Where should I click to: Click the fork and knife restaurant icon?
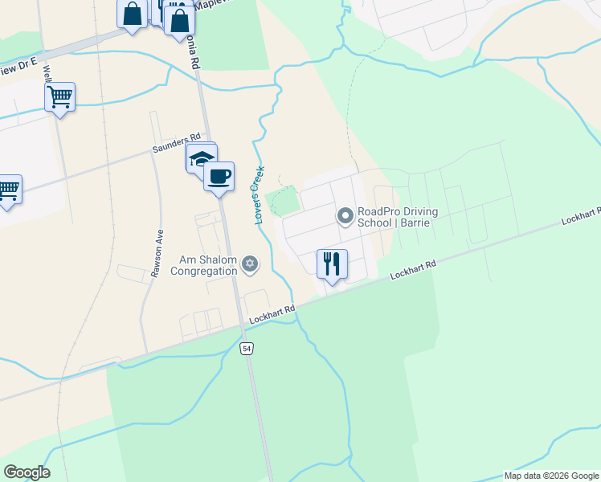click(332, 263)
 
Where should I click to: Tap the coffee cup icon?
click(219, 175)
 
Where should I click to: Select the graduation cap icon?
click(201, 158)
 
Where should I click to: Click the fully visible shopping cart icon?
click(60, 97)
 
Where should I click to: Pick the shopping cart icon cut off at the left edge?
click(7, 190)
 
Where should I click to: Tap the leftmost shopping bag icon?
click(132, 14)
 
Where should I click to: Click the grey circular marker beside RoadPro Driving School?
click(345, 216)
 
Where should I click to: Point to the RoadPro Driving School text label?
click(397, 217)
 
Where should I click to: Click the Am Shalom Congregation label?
click(204, 265)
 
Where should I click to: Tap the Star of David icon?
click(250, 263)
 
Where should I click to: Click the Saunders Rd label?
click(176, 143)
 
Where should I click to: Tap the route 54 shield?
click(246, 347)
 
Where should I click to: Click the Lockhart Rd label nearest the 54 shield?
click(272, 314)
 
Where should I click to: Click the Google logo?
click(27, 472)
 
